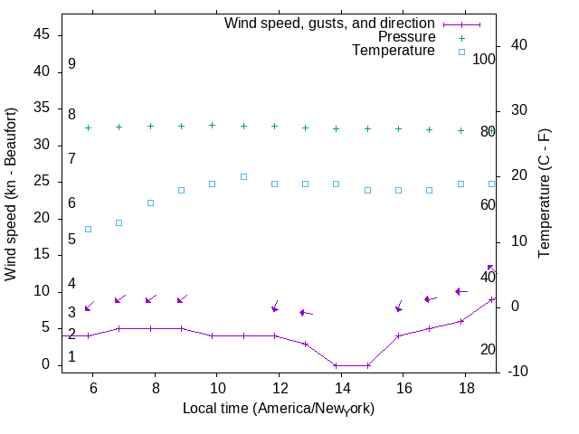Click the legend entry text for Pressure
tap(406, 37)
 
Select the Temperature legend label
tap(394, 51)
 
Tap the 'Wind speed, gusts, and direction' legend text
tap(329, 23)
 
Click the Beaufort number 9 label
tap(71, 64)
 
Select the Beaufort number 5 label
tap(71, 240)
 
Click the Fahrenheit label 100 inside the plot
tap(484, 59)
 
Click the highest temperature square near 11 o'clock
tap(243, 176)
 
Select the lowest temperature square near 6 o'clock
tap(88, 229)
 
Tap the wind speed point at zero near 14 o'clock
tap(337, 365)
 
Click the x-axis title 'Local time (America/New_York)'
tap(279, 409)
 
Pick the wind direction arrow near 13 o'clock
tap(306, 313)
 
